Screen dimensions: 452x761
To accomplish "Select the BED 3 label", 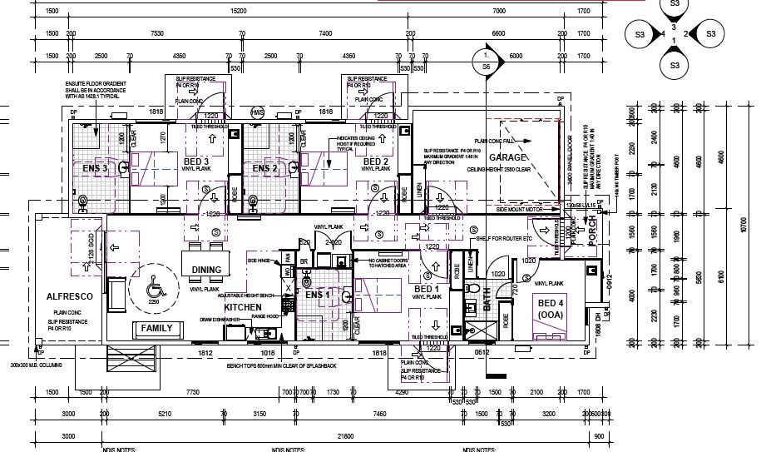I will coord(195,161).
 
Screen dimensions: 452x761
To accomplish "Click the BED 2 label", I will coord(376,161).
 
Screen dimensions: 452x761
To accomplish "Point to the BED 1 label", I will coord(427,288).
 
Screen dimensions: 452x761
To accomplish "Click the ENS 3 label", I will coord(92,169).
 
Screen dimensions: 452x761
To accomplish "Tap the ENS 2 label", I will coord(264,169).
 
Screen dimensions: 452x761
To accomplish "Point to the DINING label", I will coord(206,270).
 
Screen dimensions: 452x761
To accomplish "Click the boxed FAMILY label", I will coord(156,328).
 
